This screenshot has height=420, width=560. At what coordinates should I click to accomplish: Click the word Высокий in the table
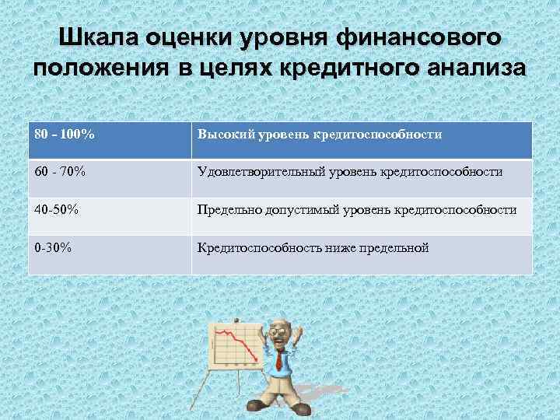click(222, 135)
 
